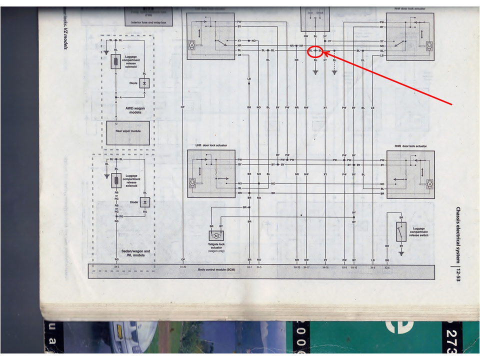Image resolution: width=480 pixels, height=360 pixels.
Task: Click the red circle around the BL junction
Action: (315, 50)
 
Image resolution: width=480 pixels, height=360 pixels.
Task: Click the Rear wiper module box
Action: (128, 132)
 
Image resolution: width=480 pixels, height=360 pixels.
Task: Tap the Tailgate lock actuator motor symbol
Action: (217, 235)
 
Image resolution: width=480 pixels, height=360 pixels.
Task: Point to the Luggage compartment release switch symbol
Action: (401, 231)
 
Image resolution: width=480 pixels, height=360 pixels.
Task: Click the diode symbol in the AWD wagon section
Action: (144, 83)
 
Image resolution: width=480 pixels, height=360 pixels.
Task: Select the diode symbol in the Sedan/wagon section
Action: (145, 202)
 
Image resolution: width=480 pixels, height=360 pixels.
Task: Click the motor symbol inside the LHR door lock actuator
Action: (192, 183)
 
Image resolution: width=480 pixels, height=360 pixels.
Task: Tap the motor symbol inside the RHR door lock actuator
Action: (428, 183)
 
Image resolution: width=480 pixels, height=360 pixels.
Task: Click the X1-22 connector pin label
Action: (183, 267)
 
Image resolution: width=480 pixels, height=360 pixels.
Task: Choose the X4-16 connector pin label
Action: (325, 267)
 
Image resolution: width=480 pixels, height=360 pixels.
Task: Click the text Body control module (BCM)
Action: (216, 270)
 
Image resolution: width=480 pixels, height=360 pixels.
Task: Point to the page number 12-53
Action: (458, 273)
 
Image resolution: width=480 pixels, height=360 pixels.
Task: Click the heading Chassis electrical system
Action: (458, 234)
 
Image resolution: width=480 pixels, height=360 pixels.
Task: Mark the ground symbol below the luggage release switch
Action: (401, 253)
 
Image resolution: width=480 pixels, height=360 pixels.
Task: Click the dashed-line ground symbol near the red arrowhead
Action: (334, 72)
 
